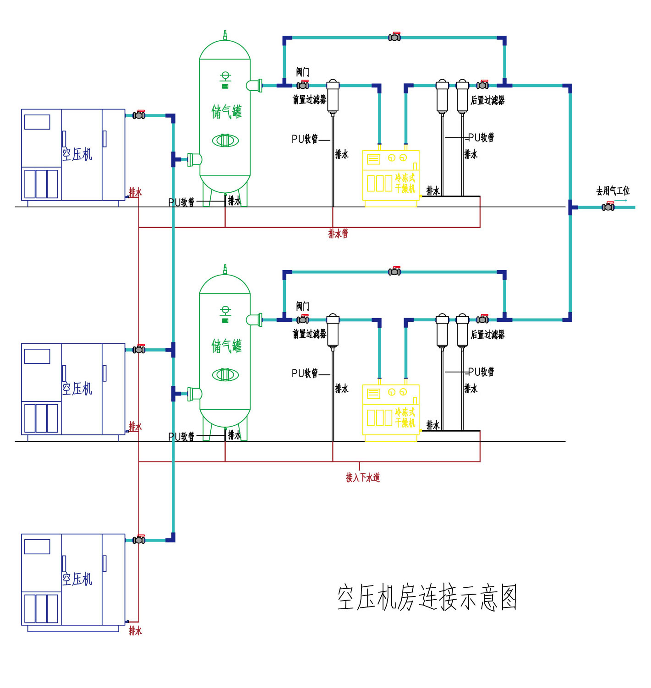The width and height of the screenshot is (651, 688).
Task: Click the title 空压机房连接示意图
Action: (427, 597)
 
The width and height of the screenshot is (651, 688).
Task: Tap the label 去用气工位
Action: (613, 191)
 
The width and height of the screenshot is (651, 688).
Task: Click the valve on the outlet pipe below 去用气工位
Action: (608, 207)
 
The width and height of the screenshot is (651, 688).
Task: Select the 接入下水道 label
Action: (362, 477)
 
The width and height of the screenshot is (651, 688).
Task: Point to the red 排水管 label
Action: (338, 234)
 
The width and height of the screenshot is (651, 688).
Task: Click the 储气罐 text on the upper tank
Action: (226, 112)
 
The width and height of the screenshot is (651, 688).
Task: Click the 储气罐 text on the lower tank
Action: (226, 346)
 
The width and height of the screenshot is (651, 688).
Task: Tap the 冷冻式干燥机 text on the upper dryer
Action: (405, 183)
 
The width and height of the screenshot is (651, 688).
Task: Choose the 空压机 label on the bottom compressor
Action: (77, 579)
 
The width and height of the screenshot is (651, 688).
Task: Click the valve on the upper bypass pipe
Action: (394, 37)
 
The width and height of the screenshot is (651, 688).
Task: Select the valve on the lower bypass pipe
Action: (394, 271)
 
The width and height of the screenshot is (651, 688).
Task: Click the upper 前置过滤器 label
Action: (309, 100)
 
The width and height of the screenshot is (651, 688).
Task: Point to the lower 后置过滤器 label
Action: (487, 335)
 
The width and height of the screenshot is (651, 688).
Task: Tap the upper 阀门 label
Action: (302, 72)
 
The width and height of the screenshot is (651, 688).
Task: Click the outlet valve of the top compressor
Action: (139, 115)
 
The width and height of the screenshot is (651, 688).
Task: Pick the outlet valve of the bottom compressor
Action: (139, 540)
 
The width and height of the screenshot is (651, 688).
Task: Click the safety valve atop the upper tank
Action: (225, 35)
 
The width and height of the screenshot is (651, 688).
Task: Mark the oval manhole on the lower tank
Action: (225, 375)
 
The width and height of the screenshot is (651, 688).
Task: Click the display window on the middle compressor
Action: (37, 356)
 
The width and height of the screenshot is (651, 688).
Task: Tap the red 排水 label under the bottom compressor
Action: (135, 631)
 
